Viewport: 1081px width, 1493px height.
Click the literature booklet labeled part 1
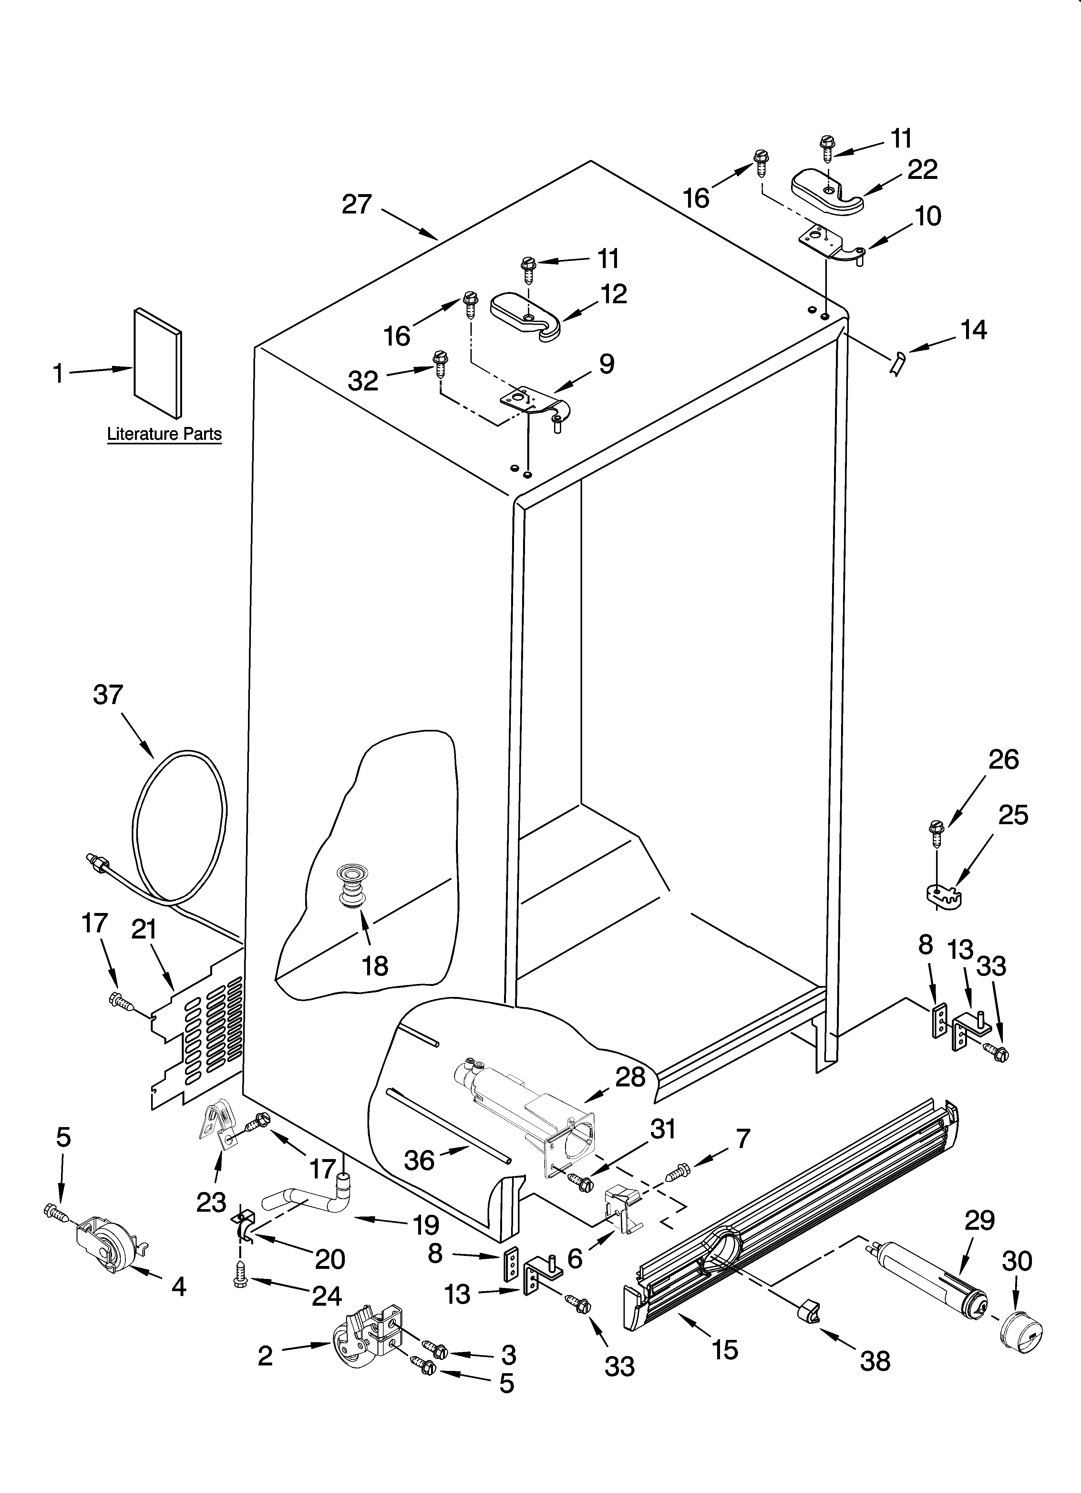point(158,363)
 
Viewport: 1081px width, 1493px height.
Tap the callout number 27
point(357,205)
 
